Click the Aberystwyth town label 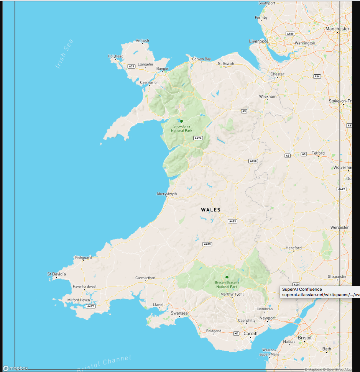point(167,194)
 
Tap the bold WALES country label point(211,210)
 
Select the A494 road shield point(198,138)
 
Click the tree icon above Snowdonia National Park point(182,121)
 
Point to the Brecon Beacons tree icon point(227,277)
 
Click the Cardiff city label point(251,333)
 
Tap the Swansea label point(179,313)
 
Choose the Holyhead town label point(115,56)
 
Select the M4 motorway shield point(237,334)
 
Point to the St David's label point(57,274)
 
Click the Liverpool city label point(258,41)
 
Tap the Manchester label point(337,29)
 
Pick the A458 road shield point(253,161)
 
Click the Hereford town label point(294,248)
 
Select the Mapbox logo point(16,368)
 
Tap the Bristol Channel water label point(104,364)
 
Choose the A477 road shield point(90,306)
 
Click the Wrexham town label point(268,97)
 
